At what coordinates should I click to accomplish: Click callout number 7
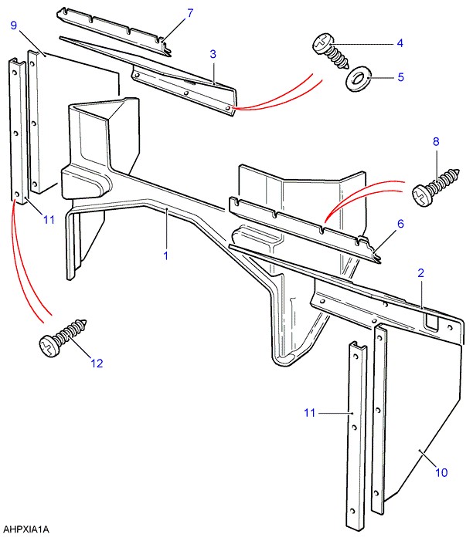(x=190, y=13)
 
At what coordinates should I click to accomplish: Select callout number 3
(x=213, y=53)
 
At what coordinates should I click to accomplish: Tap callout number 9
(x=13, y=26)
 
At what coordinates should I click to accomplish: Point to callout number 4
(x=400, y=43)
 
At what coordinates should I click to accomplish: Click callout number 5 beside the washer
(x=400, y=76)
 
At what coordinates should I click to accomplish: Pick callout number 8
(x=436, y=141)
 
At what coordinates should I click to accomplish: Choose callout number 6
(x=400, y=224)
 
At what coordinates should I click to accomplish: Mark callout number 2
(x=421, y=272)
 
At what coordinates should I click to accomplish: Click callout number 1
(x=165, y=255)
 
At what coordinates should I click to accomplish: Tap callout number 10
(x=441, y=472)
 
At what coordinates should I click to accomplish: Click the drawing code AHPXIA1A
(x=26, y=530)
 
